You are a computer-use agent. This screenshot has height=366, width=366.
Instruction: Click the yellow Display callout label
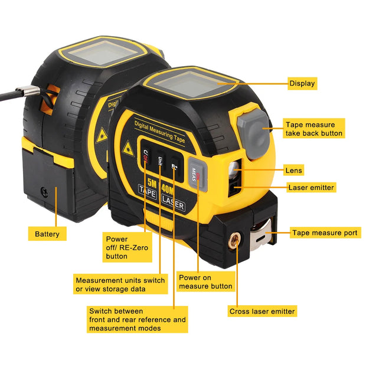click(x=302, y=84)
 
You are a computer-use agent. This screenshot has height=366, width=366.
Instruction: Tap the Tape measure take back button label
click(x=313, y=129)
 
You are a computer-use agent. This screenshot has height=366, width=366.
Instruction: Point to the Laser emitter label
click(x=311, y=188)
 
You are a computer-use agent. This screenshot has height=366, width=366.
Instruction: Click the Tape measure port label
click(x=325, y=233)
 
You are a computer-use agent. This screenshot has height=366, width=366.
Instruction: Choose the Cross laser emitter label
click(x=262, y=311)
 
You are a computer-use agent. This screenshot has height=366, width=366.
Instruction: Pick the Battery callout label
click(x=47, y=234)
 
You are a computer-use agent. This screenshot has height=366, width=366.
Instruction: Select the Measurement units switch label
click(x=120, y=283)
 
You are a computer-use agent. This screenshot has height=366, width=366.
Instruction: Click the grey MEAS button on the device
click(x=198, y=173)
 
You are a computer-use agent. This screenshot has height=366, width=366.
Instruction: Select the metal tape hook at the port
click(x=263, y=234)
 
